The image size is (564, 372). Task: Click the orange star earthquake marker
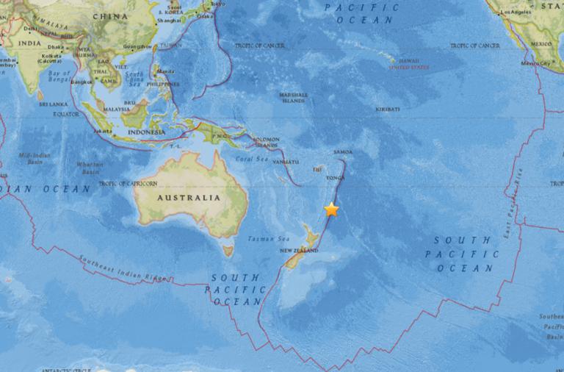[x=332, y=210]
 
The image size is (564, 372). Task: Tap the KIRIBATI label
[x=387, y=109]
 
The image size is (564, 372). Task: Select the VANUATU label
[x=285, y=161]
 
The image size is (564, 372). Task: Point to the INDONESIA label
[x=145, y=132]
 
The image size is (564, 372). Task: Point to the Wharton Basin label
[x=90, y=168]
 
